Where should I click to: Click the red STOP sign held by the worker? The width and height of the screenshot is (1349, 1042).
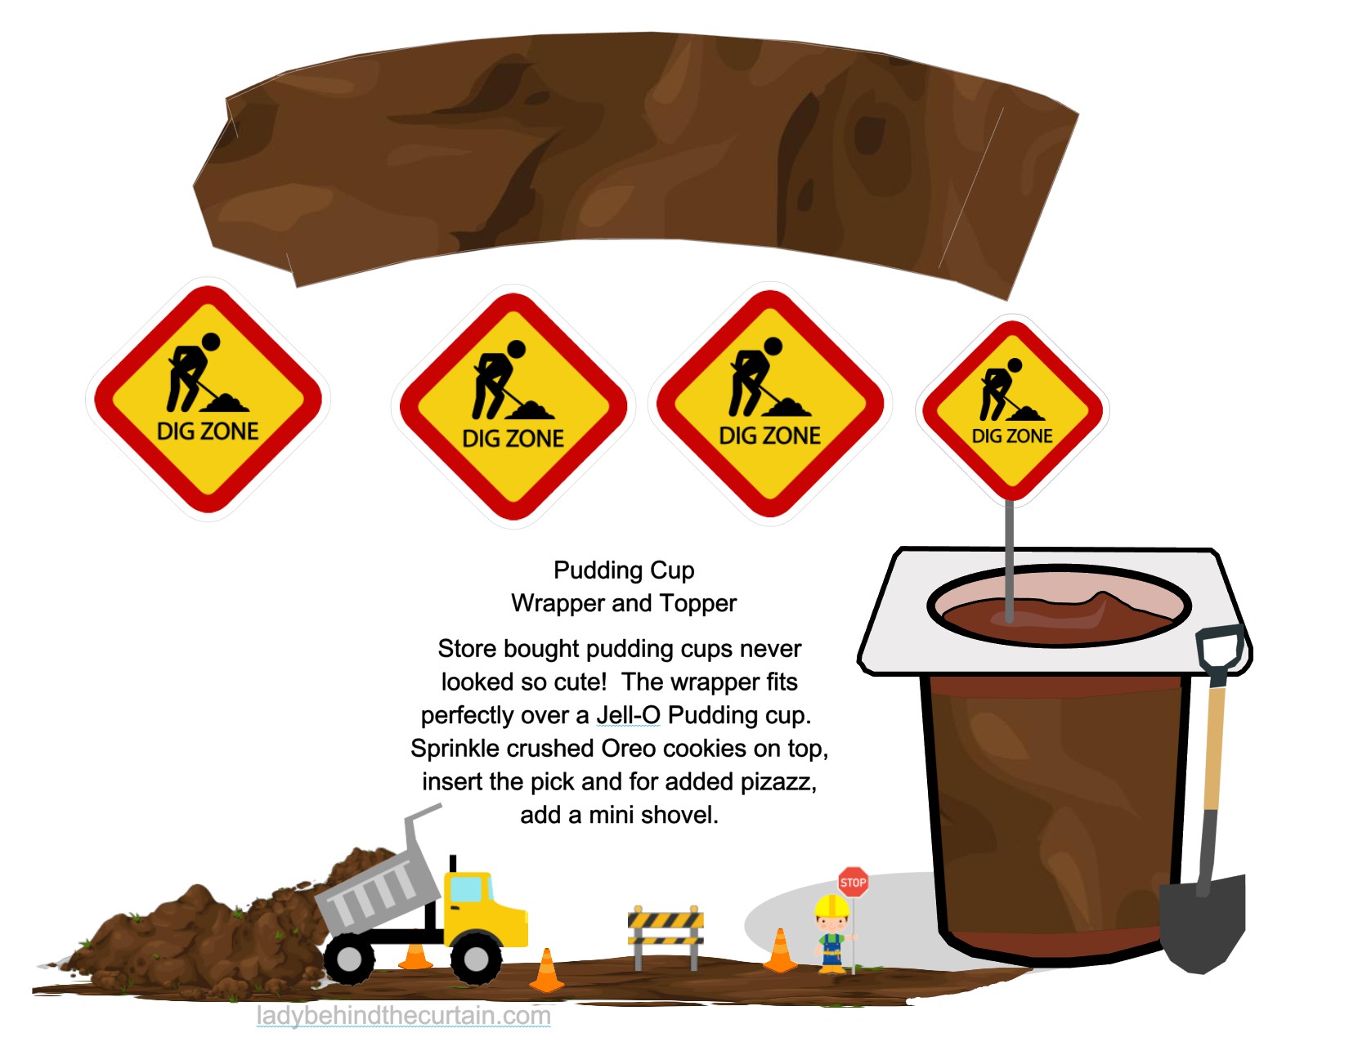(853, 882)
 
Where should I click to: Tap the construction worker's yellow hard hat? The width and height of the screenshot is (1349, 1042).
(831, 906)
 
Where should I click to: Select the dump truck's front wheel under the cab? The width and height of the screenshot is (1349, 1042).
(476, 959)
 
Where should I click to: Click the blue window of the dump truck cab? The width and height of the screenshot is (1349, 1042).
(466, 888)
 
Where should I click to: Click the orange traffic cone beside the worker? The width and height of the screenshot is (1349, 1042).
(780, 953)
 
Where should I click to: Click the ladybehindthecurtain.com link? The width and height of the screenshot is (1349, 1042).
(403, 1016)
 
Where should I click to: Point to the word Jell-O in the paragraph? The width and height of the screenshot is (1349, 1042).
(628, 715)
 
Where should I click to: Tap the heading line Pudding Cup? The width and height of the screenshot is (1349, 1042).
(624, 570)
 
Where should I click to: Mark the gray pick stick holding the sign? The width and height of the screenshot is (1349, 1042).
(1010, 556)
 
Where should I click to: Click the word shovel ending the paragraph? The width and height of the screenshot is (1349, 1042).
(683, 816)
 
